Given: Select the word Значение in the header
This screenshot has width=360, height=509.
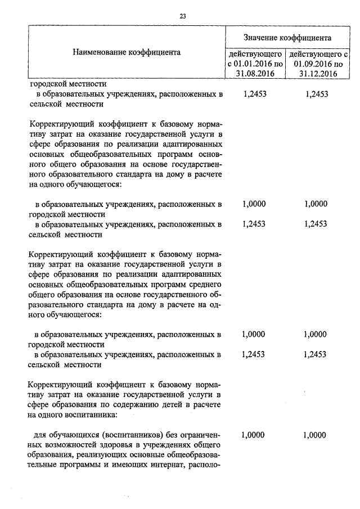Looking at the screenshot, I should tap(263, 38).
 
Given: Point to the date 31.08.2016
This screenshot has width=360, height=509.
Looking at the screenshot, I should tap(254, 73).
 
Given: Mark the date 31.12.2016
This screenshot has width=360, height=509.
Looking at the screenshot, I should tap(318, 73).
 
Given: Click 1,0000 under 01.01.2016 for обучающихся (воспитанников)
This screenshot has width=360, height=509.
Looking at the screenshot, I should tap(254, 435).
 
